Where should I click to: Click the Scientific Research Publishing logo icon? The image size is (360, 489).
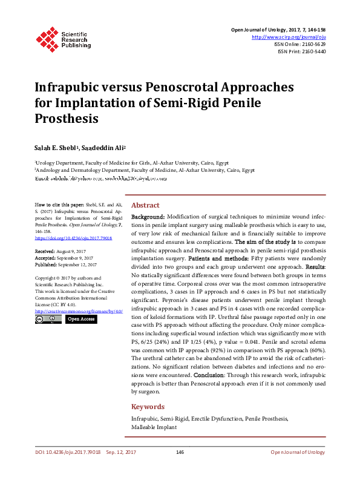coord(47,37)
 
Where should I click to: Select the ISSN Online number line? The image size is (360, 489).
coord(301,44)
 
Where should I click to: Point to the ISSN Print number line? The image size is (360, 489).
coord(302,51)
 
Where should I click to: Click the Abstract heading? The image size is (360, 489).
coord(145,205)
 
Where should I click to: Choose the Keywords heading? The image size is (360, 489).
coord(148,407)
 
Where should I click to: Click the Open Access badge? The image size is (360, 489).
coord(80,319)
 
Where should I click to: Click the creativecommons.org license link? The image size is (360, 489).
coord(79,311)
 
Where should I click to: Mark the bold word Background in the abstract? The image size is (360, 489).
coord(148,216)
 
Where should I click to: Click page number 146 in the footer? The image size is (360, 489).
coord(180,452)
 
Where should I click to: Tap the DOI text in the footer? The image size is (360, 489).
coord(67,452)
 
